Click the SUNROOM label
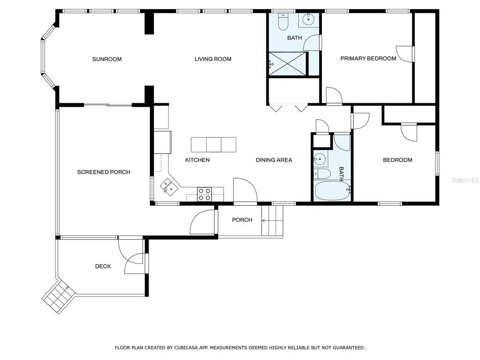point(107,59)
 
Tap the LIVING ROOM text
point(213,59)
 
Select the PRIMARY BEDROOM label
point(368,59)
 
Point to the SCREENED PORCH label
point(104,172)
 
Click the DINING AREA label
point(274,160)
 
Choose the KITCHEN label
point(197,160)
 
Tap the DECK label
point(103,266)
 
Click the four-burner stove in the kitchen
point(204,194)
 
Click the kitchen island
point(214,145)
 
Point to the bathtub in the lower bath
point(332,191)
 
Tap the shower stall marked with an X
point(287,64)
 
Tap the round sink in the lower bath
point(319,158)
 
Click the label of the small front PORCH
point(242,220)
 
